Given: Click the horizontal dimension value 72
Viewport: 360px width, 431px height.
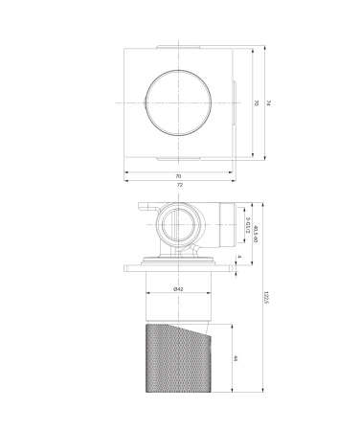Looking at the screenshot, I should coord(179,185).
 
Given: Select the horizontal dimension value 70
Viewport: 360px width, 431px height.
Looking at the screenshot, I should coord(179,175).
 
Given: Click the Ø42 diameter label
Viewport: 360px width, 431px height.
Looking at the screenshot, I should coord(178,288).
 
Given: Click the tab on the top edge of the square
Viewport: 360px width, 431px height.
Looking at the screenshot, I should coord(179,43).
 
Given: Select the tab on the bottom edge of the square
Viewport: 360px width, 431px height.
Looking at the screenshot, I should coord(179,159).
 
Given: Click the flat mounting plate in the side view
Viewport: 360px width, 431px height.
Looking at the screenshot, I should coord(179,269).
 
